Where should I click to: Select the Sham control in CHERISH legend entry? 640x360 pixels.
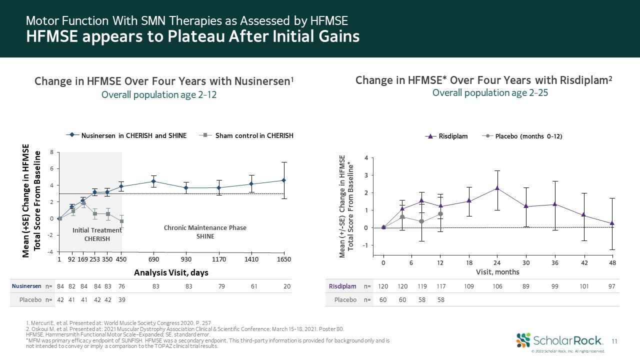(x=248, y=135)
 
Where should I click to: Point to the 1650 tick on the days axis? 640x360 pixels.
(x=283, y=260)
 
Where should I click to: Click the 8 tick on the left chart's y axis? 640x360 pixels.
(x=52, y=152)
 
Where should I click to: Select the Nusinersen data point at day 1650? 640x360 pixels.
(x=283, y=180)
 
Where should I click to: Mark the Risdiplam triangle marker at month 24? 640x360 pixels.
(x=497, y=188)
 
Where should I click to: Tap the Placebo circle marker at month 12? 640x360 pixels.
(x=440, y=213)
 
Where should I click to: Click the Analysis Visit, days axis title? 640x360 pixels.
(x=171, y=272)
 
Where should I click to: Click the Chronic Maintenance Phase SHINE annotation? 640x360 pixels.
(x=205, y=232)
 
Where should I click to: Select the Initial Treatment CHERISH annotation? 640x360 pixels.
(x=97, y=234)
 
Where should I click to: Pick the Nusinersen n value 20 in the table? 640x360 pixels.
(x=286, y=286)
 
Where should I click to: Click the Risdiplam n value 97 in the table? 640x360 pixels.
(x=611, y=286)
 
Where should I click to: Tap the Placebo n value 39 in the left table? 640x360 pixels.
(x=121, y=300)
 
